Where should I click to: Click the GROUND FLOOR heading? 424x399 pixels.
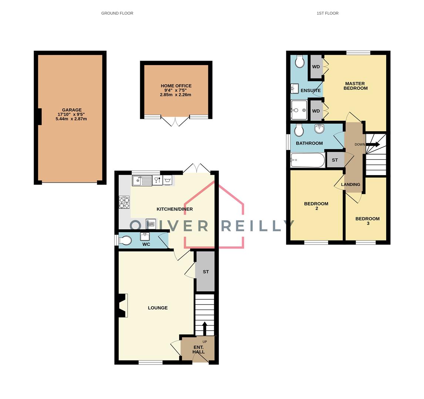click(117, 13)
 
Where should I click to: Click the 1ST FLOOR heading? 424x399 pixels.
click(327, 13)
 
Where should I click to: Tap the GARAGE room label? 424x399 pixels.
click(71, 110)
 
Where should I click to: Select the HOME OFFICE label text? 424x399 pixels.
click(176, 86)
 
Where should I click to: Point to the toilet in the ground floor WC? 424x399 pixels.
click(125, 241)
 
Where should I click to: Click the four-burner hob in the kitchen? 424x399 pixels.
click(124, 202)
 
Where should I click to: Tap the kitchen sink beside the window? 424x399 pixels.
click(142, 181)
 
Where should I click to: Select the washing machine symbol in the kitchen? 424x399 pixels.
click(168, 180)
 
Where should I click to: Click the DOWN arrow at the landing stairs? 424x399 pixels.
click(373, 145)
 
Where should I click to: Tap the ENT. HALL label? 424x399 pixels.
click(198, 349)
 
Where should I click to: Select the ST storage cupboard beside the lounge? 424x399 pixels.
click(205, 272)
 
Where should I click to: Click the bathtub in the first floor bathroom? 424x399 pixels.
click(307, 160)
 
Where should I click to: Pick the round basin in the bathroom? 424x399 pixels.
click(319, 129)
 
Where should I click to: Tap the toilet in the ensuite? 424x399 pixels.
click(300, 61)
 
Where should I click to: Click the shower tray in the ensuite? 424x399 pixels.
click(299, 110)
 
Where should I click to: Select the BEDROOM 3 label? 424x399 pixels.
click(367, 221)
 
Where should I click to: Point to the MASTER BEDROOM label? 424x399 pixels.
click(355, 86)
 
